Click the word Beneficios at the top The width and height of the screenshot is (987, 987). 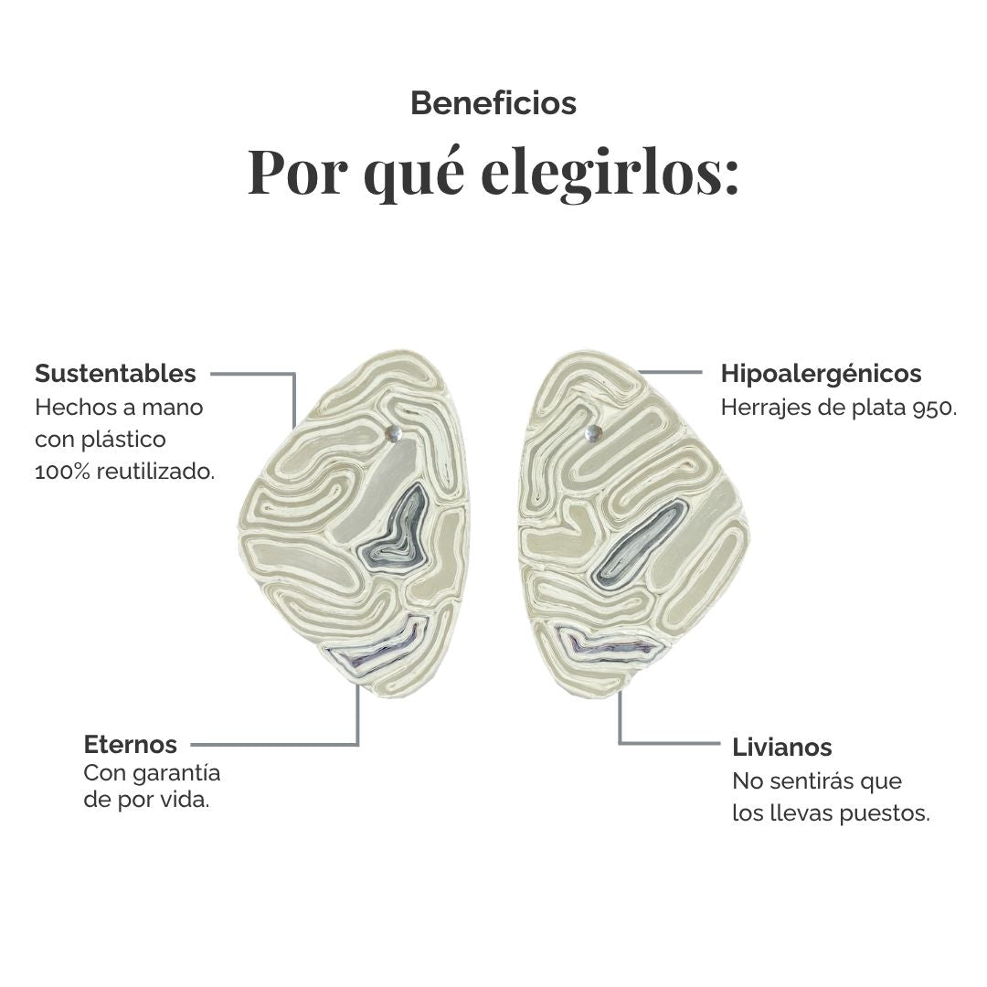coord(493,103)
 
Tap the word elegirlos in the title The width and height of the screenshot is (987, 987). coord(610,172)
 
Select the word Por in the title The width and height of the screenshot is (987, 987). coord(297,172)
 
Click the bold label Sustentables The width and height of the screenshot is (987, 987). coord(115,373)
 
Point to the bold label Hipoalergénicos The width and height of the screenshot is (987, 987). coord(821,373)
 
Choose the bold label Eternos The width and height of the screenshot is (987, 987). coord(131,744)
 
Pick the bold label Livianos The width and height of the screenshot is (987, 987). coord(781,748)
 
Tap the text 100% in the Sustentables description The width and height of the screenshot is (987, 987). coord(62,472)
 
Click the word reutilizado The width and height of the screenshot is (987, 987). coord(155,472)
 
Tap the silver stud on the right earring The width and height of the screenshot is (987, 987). coord(593,432)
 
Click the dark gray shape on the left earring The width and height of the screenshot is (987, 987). coord(397,529)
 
